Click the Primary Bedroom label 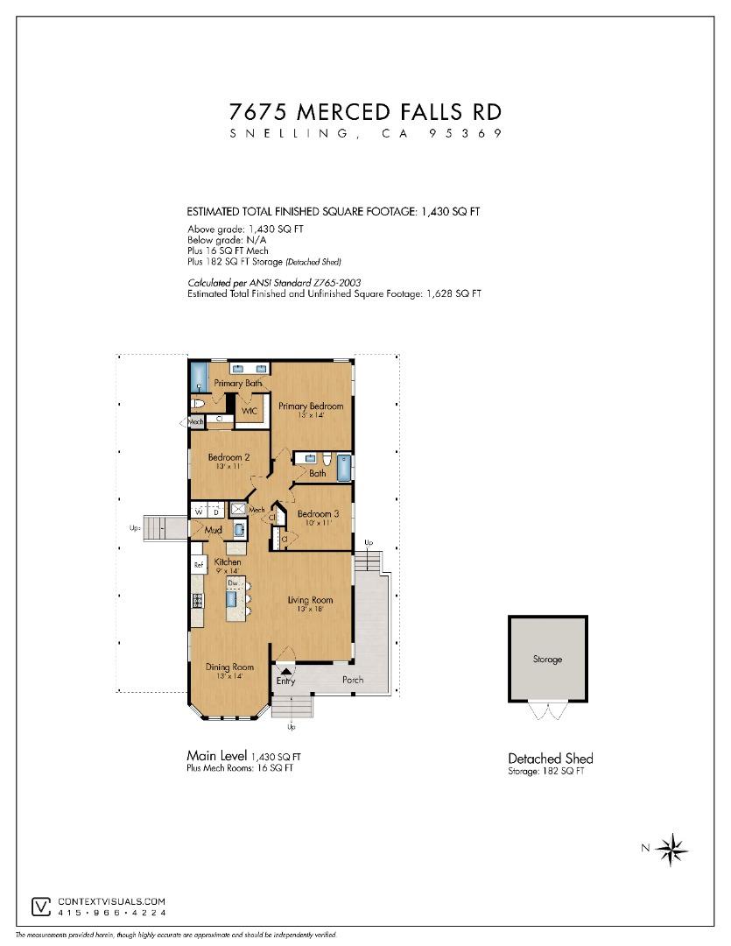click(310, 406)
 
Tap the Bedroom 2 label click(228, 458)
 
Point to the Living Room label click(310, 601)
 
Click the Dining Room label click(229, 667)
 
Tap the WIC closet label click(249, 410)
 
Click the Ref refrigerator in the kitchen click(199, 565)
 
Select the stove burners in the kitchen click(198, 602)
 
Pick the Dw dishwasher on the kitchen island click(233, 582)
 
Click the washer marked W click(200, 512)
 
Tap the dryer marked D click(215, 512)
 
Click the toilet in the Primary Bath click(198, 404)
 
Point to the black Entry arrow click(285, 671)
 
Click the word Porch click(352, 681)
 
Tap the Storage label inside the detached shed click(547, 660)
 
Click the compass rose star click(672, 847)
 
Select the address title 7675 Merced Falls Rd click(365, 112)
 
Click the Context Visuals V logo click(40, 906)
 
